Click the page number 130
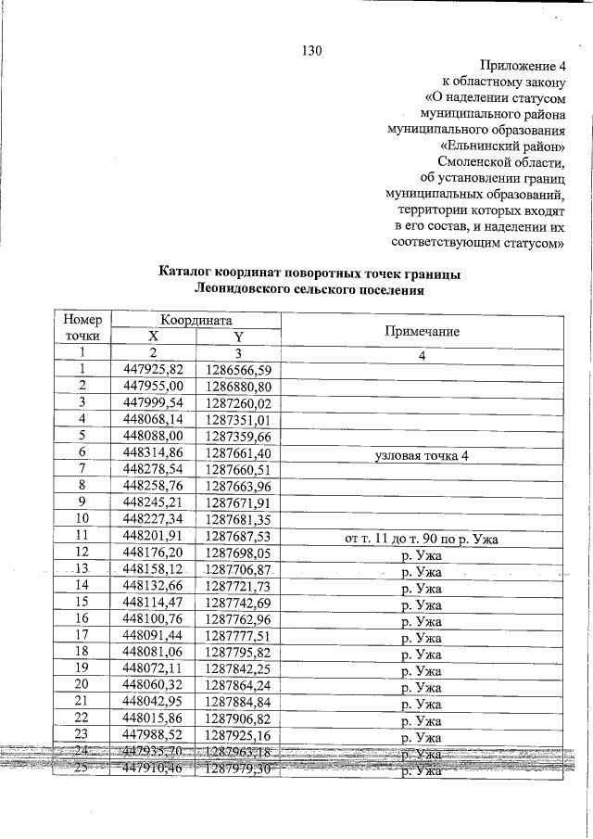tap(310, 51)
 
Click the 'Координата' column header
tap(196, 317)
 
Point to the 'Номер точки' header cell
tap(82, 326)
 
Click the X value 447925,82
tap(154, 370)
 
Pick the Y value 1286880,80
tap(238, 387)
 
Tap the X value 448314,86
tap(154, 453)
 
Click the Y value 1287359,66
tap(238, 437)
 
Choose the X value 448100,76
tap(154, 620)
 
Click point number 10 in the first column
tap(82, 520)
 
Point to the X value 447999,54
tap(154, 403)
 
